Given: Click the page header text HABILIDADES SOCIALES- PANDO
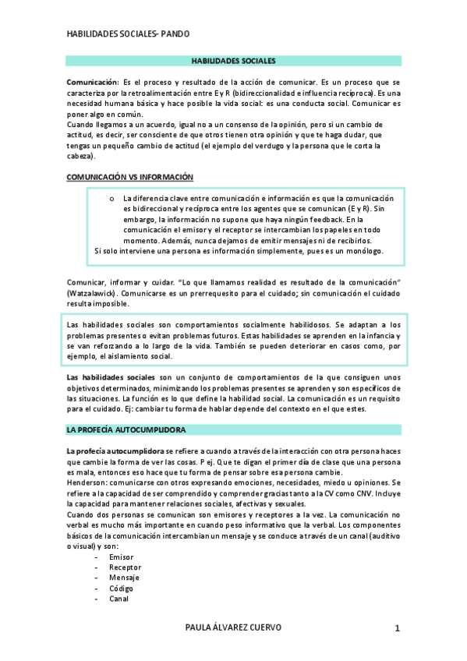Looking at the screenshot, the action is [128, 34].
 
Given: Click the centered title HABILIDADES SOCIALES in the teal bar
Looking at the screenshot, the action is [234, 60].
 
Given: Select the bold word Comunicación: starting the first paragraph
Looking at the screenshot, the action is [92, 82].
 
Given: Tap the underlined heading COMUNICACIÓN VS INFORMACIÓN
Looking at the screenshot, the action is [129, 177].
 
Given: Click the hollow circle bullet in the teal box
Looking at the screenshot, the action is [113, 198].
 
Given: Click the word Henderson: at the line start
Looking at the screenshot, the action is [90, 482].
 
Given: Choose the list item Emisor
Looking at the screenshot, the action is [122, 557].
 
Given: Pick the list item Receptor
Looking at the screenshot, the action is [125, 567].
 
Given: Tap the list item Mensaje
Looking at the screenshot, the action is [125, 578].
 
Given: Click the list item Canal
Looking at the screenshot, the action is [120, 599].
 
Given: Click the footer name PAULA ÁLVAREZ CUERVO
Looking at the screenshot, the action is [234, 627].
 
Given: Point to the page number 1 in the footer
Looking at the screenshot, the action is [397, 628].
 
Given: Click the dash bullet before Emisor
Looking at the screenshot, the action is [95, 557].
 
